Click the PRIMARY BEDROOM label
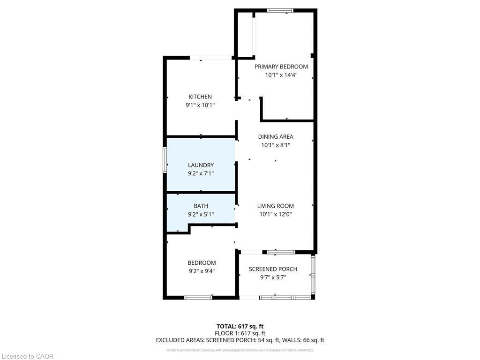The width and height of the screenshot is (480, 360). click(281, 67)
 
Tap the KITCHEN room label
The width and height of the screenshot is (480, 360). click(200, 97)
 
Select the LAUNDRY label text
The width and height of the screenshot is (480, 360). click(201, 165)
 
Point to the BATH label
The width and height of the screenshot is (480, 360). click(201, 206)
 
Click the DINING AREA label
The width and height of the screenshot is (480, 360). click(276, 137)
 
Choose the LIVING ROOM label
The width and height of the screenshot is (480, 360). click(276, 206)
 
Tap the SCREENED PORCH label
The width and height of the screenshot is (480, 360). click(273, 269)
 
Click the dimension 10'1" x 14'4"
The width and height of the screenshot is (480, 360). click(281, 75)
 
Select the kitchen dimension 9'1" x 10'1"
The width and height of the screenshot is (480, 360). click(200, 105)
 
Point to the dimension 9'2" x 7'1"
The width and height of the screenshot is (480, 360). click(201, 173)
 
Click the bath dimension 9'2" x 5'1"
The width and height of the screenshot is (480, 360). click(201, 214)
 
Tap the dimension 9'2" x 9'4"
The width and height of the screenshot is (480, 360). click(202, 271)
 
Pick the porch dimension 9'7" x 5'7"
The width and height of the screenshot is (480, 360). click(273, 277)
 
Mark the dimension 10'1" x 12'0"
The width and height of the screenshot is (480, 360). click(276, 214)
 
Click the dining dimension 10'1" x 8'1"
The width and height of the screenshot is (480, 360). click(276, 145)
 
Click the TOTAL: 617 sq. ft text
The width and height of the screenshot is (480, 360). click(240, 326)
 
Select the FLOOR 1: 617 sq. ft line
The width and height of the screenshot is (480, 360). click(240, 333)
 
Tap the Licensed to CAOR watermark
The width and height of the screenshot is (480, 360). click(27, 356)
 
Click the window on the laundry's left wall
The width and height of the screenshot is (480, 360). click(165, 160)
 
